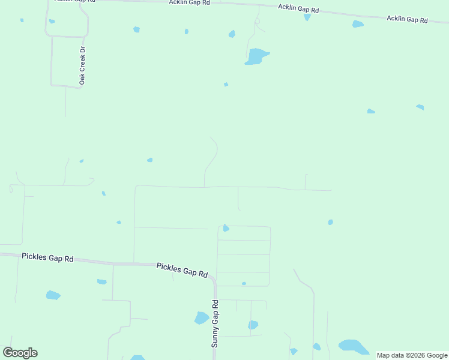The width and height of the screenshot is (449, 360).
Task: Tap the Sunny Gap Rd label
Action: click(215, 323)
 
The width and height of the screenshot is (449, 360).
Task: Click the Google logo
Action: click(20, 353)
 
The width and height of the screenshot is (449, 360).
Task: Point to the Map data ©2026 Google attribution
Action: click(412, 355)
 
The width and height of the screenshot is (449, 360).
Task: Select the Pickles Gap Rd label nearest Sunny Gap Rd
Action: click(182, 270)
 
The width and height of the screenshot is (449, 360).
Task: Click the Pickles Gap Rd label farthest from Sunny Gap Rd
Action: click(47, 257)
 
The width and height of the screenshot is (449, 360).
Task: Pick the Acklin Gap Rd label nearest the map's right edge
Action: click(407, 19)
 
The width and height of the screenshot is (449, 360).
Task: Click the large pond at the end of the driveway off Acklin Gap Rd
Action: click(256, 56)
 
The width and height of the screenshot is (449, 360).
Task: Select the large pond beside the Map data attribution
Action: click(353, 346)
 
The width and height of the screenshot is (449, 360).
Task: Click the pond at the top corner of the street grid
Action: click(226, 228)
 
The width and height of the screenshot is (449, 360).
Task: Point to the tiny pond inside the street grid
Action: click(244, 283)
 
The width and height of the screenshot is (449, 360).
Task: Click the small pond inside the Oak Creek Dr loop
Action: click(52, 22)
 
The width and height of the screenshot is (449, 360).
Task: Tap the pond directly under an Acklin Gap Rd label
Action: click(307, 17)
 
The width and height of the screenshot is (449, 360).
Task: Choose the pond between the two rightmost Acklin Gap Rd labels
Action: click(358, 24)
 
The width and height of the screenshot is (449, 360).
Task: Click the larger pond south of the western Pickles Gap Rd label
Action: click(53, 295)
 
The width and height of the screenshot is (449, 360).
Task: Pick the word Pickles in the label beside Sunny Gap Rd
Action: click(168, 267)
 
